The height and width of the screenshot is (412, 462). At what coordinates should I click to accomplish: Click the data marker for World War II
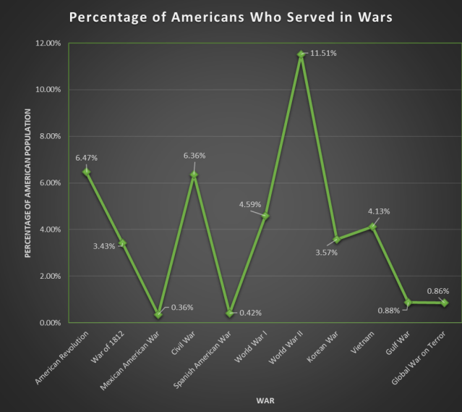click(x=301, y=54)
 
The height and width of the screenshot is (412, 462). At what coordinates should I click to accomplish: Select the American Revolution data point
click(x=87, y=172)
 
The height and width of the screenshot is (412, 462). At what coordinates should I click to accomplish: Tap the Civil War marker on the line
click(x=194, y=175)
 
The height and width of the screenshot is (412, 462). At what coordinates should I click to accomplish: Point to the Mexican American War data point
click(x=158, y=314)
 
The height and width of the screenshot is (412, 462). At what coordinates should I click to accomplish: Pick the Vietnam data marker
click(x=372, y=227)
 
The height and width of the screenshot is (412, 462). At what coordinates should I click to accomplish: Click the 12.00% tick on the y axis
click(x=48, y=43)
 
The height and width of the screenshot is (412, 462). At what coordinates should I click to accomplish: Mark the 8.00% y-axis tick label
click(x=50, y=136)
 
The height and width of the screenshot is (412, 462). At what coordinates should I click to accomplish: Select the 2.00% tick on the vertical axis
click(x=50, y=276)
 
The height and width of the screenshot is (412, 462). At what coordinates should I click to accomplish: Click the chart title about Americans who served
click(x=231, y=17)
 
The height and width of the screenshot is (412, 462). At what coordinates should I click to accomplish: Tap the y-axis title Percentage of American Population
click(x=27, y=183)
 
